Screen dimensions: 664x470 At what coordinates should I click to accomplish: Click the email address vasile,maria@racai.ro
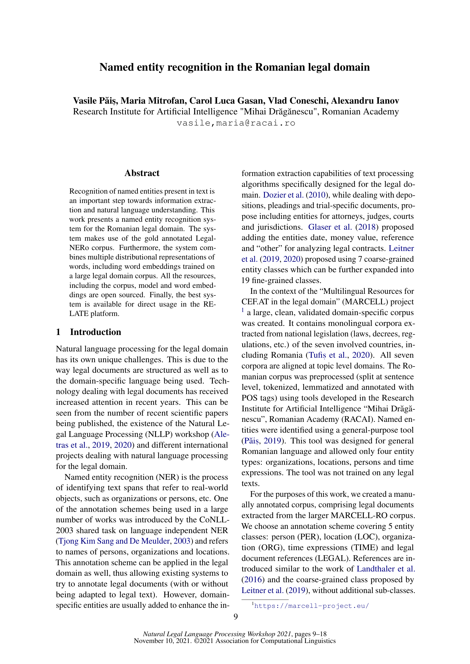click(x=236, y=123)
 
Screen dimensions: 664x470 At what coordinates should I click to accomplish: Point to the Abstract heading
click(x=142, y=173)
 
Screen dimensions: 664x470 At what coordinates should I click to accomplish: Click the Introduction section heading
click(x=95, y=332)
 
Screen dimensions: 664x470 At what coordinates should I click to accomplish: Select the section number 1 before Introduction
click(x=58, y=332)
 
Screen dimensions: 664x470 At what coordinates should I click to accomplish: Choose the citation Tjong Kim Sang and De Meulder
click(x=114, y=541)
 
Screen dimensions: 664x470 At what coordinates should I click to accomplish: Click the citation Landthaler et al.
click(x=386, y=569)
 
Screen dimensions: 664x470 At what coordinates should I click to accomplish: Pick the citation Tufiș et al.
click(x=328, y=355)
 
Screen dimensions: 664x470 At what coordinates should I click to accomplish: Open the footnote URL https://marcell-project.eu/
click(x=311, y=606)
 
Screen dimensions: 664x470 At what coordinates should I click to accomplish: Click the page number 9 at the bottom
click(x=236, y=617)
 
